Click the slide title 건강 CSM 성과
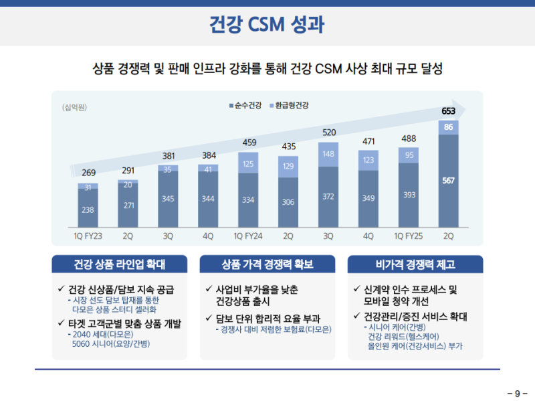(267, 25)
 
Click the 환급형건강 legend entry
(292, 106)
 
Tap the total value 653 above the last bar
(449, 110)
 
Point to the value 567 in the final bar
(449, 181)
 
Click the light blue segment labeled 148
(328, 155)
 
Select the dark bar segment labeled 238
(88, 210)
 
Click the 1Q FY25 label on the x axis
(408, 236)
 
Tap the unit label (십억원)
(76, 107)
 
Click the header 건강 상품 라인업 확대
(120, 264)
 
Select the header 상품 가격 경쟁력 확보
(267, 264)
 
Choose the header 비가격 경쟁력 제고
(415, 264)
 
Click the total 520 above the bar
(328, 133)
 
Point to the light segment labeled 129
(288, 166)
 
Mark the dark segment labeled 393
(408, 195)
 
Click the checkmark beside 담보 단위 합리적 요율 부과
(209, 319)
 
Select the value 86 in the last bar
(449, 127)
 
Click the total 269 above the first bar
(88, 173)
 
